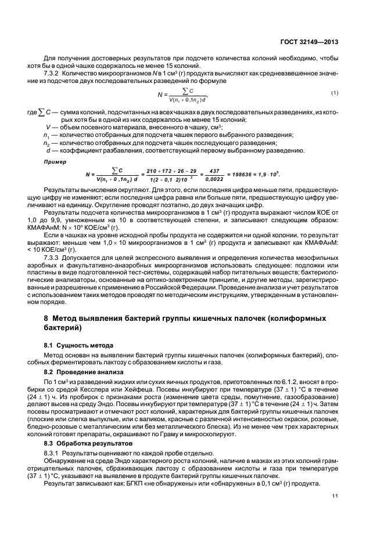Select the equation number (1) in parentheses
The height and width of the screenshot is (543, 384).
335,93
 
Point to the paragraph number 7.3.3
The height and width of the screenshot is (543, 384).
53,256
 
